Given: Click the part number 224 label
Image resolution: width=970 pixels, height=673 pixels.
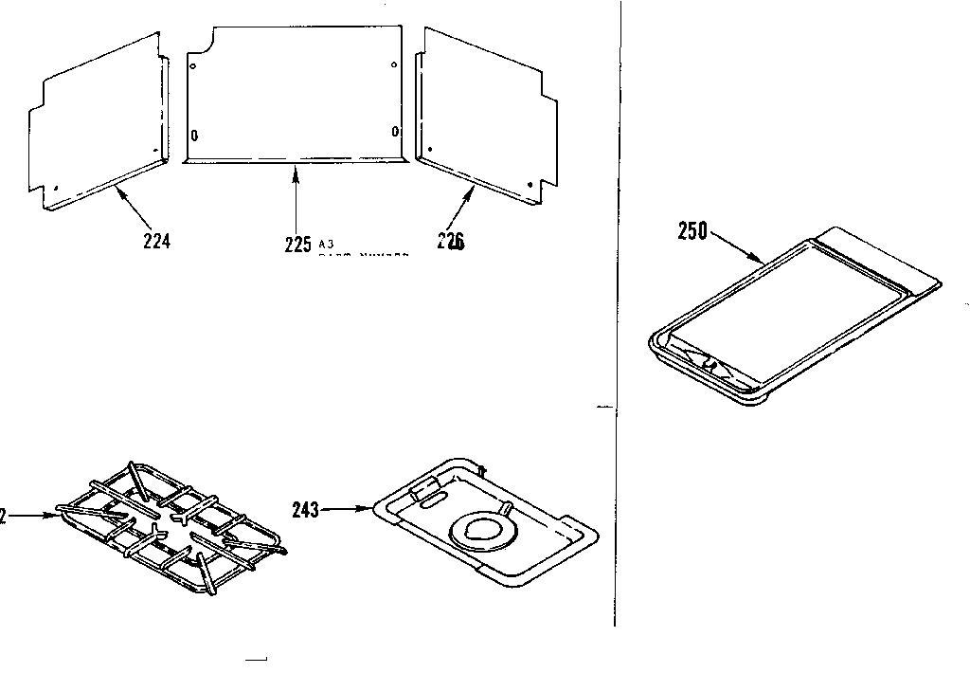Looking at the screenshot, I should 156,241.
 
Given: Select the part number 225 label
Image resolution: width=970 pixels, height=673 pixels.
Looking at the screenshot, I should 297,245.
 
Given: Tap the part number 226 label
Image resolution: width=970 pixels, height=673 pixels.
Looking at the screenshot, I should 451,241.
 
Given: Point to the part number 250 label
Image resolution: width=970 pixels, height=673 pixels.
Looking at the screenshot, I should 692,230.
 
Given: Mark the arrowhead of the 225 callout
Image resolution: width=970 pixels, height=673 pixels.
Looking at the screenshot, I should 297,168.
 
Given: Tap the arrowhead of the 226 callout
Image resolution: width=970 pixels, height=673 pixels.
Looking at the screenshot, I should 475,189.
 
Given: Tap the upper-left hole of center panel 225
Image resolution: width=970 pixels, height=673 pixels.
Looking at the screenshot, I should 194,66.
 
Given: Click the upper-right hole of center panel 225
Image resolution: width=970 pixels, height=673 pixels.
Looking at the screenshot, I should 393,64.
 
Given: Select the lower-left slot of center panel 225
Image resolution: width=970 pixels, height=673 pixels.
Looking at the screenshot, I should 194,135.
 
